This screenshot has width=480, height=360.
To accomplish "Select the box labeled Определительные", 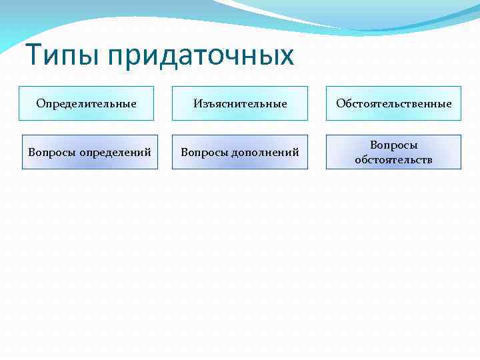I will tap(86, 103).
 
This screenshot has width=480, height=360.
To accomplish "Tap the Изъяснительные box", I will tap(240, 103).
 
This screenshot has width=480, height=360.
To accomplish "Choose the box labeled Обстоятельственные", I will tap(393, 103).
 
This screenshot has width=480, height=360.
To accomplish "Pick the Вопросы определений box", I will tap(89, 152).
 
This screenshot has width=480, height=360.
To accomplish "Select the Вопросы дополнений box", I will tap(240, 152).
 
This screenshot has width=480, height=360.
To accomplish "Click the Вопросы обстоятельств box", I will tap(393, 152).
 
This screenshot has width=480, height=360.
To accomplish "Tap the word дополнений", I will tap(266, 153).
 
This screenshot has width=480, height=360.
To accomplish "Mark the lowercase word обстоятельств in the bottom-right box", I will tap(393, 160).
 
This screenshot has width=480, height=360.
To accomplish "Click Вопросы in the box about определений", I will tap(52, 153).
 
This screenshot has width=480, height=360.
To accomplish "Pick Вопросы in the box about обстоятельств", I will tap(394, 145).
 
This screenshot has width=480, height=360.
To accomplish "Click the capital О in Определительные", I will tap(40, 103).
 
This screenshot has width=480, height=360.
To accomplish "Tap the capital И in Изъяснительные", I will tap(197, 103).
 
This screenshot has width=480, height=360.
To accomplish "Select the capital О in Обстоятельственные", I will tap(340, 103).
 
